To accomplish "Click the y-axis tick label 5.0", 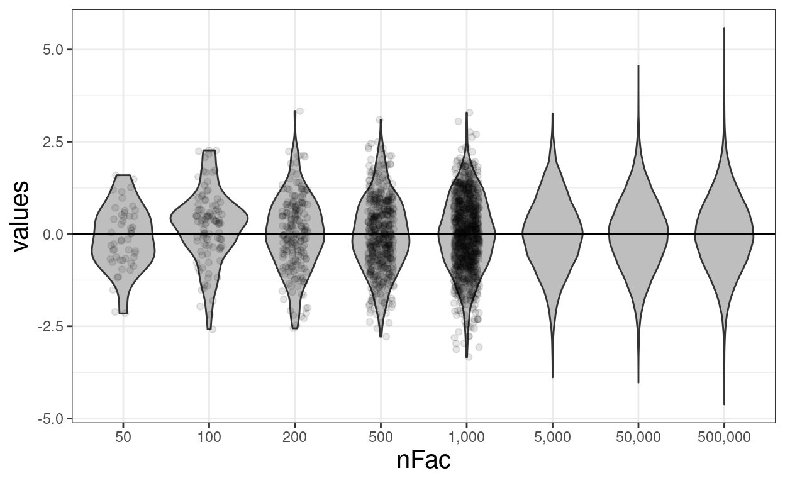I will pyautogui.click(x=54, y=50).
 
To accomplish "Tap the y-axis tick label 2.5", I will pyautogui.click(x=54, y=142).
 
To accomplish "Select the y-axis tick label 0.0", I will pyautogui.click(x=54, y=234).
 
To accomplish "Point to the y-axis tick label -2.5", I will pyautogui.click(x=52, y=326).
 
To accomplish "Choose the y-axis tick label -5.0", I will pyautogui.click(x=52, y=419).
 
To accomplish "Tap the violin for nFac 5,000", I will pyautogui.click(x=552, y=239).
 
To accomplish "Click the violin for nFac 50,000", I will pyautogui.click(x=638, y=239).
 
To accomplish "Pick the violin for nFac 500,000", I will pyautogui.click(x=724, y=239).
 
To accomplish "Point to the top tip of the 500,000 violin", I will pyautogui.click(x=724, y=28).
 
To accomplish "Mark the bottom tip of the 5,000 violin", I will pyautogui.click(x=552, y=377).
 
